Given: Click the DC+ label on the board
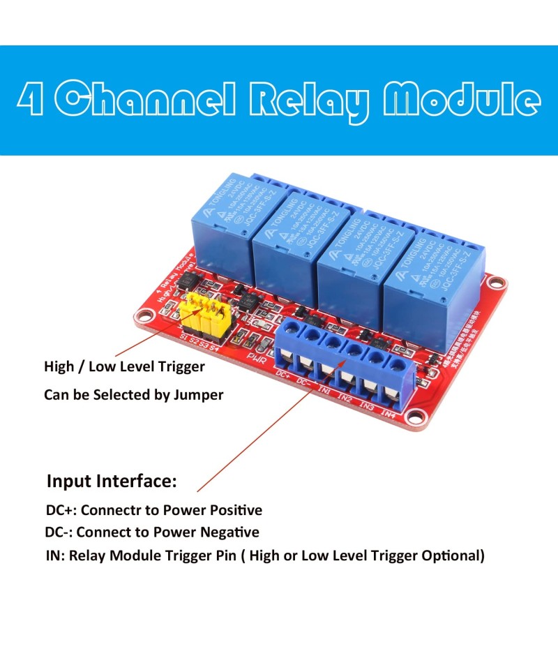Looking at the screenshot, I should pyautogui.click(x=282, y=375).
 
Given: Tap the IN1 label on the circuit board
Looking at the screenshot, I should pyautogui.click(x=325, y=390).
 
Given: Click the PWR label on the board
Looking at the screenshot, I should pyautogui.click(x=256, y=357).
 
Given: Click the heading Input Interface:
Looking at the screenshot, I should pyautogui.click(x=112, y=482).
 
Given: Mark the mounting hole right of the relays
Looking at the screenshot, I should pyautogui.click(x=496, y=283).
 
